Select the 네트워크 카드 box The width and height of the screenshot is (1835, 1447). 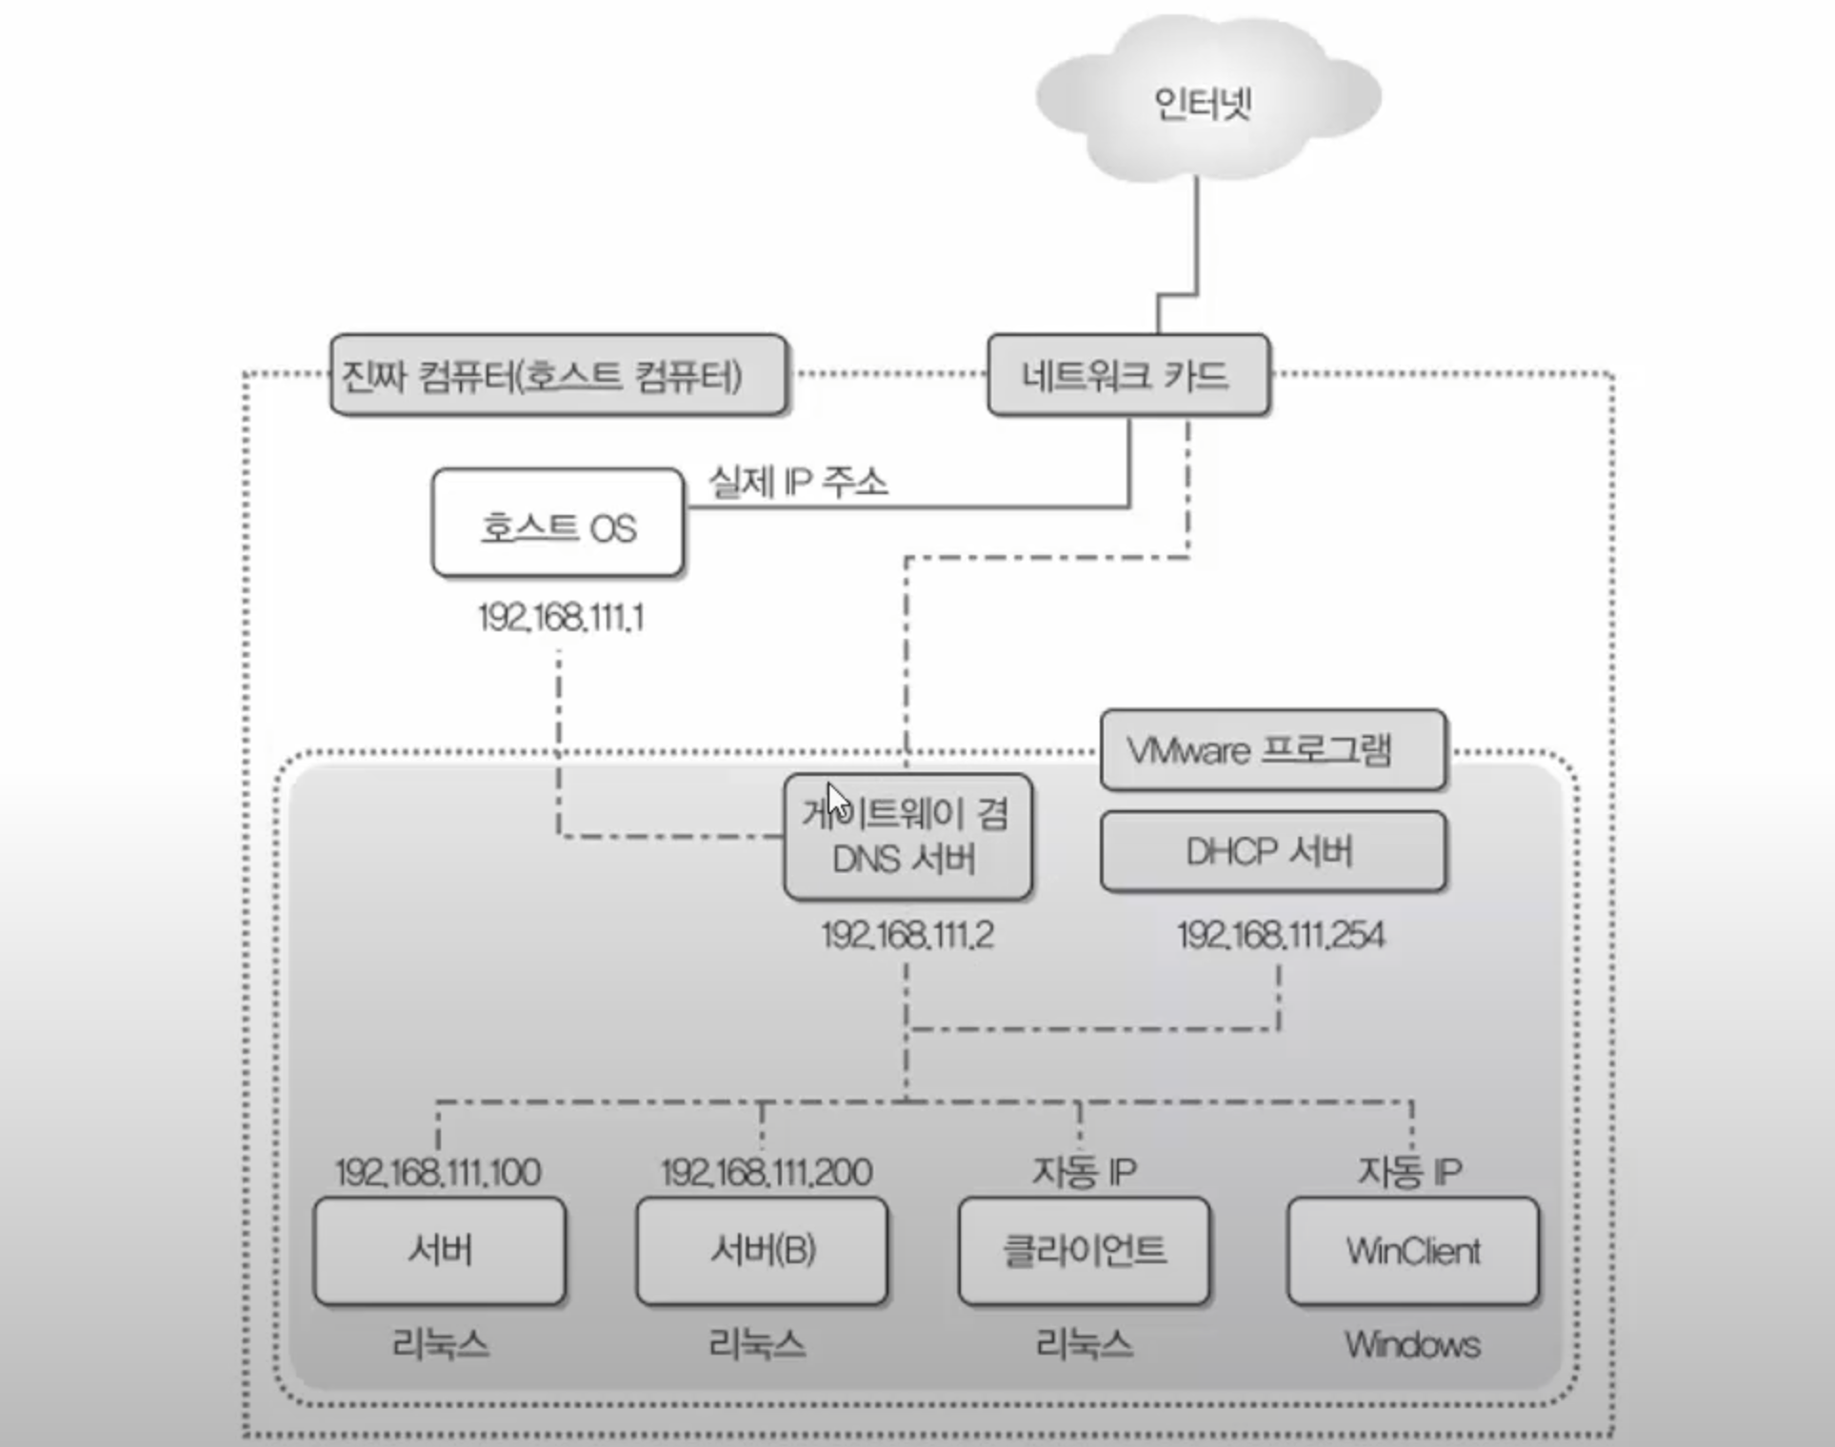coord(1127,375)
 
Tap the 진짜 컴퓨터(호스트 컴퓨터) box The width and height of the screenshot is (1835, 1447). coord(558,375)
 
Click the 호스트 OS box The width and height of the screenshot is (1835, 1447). coord(558,525)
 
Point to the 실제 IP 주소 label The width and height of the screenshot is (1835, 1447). coord(797,482)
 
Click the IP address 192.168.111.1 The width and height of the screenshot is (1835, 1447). coord(561,618)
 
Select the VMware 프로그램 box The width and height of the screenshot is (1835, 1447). coord(1272,750)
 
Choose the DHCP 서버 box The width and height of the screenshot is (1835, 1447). coord(1272,851)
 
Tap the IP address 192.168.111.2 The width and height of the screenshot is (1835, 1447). coord(908,935)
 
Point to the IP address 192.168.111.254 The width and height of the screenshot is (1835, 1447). coord(1280,935)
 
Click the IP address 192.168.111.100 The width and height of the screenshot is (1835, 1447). coord(438,1172)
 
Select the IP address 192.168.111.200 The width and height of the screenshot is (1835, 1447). coord(766,1172)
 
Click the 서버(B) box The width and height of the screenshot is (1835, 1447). coord(762,1250)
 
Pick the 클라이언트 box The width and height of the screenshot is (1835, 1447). coord(1084,1250)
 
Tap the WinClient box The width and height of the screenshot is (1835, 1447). coord(1412,1250)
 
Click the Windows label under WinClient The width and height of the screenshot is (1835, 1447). coord(1412,1344)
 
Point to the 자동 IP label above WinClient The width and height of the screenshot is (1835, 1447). coord(1409,1171)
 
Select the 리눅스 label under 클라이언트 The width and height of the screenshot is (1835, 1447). coord(1084,1344)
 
